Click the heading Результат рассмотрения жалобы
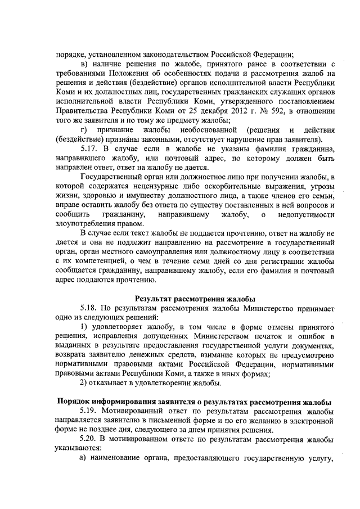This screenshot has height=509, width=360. tap(195, 298)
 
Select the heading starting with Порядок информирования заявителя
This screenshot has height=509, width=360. tap(195, 402)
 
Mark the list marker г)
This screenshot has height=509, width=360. tap(85, 130)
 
